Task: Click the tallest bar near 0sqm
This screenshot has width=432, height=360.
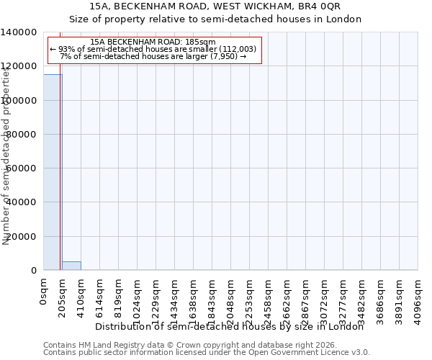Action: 53,173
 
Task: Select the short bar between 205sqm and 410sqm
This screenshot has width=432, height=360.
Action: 71,266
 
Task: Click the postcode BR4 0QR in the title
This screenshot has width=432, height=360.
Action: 333,6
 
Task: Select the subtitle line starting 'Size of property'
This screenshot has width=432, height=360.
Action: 215,19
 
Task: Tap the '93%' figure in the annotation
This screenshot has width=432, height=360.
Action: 66,49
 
